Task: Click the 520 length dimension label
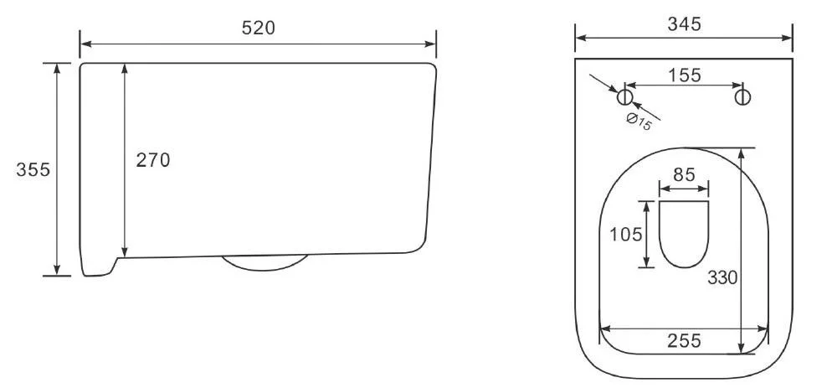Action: pos(259,28)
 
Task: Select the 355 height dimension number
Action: pos(33,169)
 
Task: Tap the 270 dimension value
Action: pos(153,160)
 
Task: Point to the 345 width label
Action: pos(685,23)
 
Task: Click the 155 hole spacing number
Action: pos(684,75)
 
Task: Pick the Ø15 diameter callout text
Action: pos(639,122)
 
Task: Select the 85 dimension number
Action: pos(684,174)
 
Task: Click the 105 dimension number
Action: pos(625,234)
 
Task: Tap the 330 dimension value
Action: pos(722,277)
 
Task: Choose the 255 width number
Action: pos(684,341)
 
